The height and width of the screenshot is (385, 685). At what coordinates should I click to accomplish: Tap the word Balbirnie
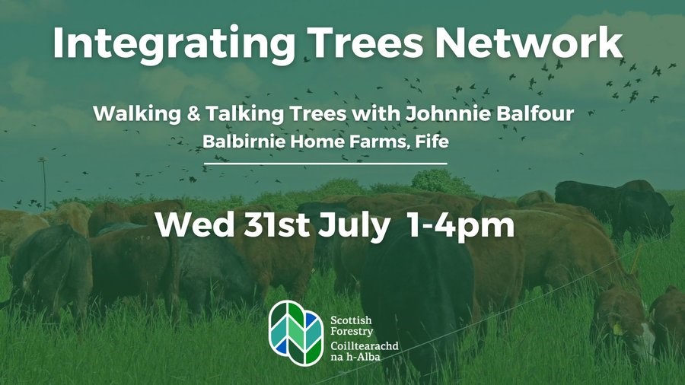(239, 142)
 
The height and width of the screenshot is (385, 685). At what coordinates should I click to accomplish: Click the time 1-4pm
(470, 225)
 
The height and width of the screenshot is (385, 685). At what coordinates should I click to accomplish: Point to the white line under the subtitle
(326, 163)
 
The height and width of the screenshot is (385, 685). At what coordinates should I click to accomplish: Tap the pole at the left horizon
(43, 183)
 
